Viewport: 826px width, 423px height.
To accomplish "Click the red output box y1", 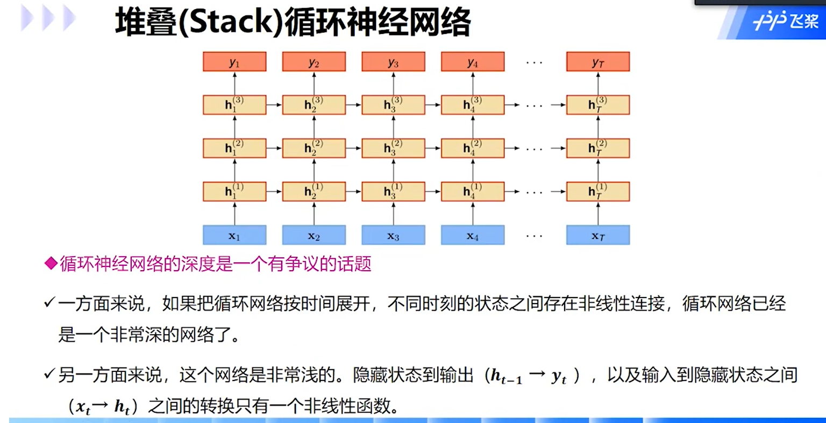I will [234, 62].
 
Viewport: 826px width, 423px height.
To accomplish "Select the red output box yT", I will [597, 62].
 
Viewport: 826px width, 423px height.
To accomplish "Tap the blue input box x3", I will [393, 235].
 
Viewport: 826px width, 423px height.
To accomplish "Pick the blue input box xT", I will [597, 235].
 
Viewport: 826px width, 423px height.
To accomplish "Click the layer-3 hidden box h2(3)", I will [314, 105].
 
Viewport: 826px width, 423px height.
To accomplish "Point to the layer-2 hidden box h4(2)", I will [473, 148].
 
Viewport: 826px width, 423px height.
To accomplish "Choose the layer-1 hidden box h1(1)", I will [234, 192].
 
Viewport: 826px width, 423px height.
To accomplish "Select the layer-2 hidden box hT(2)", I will [597, 148].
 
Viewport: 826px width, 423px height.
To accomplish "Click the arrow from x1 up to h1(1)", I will [234, 214].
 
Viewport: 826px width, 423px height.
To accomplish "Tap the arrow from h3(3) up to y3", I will [393, 83].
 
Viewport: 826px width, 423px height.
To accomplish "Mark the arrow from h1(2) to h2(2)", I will [274, 148].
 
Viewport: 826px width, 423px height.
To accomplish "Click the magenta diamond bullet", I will [51, 264].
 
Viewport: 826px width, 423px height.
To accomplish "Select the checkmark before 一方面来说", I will [49, 304].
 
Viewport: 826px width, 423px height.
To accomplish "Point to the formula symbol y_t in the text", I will [559, 377].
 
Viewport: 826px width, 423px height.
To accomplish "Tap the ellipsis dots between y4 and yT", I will [534, 63].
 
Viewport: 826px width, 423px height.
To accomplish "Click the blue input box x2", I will [314, 235].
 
